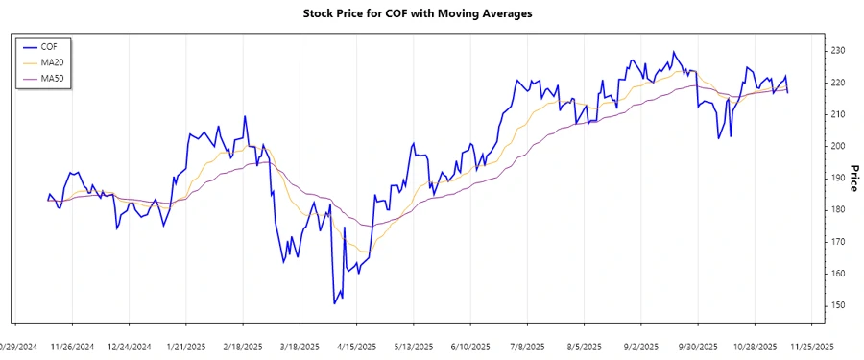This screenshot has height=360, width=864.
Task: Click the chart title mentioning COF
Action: [x=431, y=13]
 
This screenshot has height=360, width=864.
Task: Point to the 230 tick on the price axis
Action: [x=837, y=50]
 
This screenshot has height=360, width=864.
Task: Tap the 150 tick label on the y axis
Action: [x=837, y=305]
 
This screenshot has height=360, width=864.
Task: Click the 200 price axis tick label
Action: [x=837, y=146]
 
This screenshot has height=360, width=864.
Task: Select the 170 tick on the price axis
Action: [x=837, y=242]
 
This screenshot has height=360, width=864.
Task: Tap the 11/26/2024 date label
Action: [x=72, y=347]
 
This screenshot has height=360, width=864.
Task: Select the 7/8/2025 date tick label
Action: [x=527, y=347]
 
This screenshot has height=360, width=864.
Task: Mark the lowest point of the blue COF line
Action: [x=334, y=303]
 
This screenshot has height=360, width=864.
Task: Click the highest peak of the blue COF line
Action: [x=673, y=52]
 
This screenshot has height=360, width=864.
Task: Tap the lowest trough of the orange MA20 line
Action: [x=363, y=252]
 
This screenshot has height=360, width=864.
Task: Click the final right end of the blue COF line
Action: [x=788, y=92]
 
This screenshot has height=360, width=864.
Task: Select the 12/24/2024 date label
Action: [x=129, y=347]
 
